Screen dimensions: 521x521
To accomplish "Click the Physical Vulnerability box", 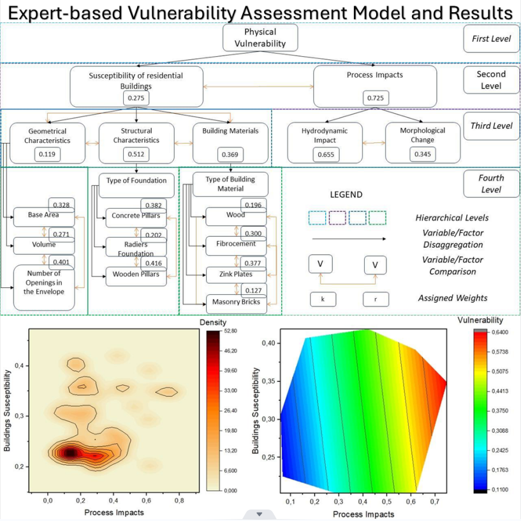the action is pos(260,38).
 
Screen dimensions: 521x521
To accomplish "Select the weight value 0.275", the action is pos(136,98).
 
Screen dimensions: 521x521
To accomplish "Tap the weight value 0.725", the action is pos(376,98).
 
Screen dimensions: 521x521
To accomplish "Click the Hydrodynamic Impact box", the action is pos(325,143).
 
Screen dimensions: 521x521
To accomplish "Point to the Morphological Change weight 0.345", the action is pos(423,155).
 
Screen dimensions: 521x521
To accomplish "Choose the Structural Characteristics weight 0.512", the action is pos(136,155).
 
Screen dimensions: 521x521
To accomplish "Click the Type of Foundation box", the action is pos(136,185).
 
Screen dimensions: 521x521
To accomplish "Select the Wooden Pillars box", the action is pos(136,276).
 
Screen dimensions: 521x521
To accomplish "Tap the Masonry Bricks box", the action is pos(237,304).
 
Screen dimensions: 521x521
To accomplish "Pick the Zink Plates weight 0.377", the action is pos(253,263).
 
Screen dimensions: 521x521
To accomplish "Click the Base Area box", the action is pos(44,217).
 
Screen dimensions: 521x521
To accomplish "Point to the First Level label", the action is pos(492,38).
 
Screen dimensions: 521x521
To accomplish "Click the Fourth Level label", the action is pos(492,184).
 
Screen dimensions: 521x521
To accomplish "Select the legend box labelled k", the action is pos(323,299).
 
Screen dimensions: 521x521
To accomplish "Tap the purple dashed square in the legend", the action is pos(337,218).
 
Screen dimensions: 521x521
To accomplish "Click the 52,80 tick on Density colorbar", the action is pos(231,331).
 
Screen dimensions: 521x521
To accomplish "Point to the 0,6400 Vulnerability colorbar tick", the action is pos(500,332).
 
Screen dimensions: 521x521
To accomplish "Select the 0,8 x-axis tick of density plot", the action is pos(179,501).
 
